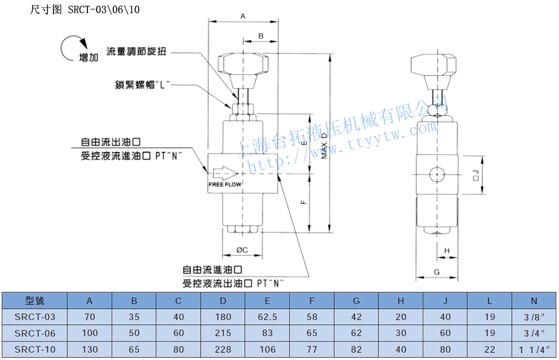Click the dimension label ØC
tap(242, 250)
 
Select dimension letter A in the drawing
tap(243, 17)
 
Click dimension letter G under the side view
tap(437, 271)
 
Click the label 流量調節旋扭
tap(136, 52)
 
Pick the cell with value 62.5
tap(267, 317)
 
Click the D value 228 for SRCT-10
tap(223, 349)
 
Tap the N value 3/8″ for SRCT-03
tap(534, 317)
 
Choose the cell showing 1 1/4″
tap(534, 349)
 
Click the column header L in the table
tap(489, 300)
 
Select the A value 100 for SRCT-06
tap(90, 333)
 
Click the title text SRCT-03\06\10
tap(104, 9)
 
